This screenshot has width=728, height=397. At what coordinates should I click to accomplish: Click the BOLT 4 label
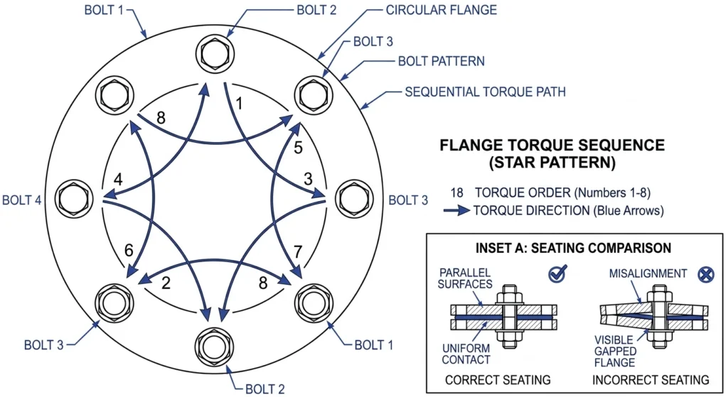(22, 200)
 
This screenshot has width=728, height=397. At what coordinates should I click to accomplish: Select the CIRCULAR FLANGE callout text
(441, 10)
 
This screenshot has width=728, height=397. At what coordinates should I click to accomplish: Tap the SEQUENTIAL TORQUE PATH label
(485, 92)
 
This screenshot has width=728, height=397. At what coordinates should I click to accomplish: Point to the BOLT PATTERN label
(441, 61)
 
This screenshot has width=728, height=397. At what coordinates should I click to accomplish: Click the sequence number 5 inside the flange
(298, 148)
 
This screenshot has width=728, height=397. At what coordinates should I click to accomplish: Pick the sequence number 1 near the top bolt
(239, 104)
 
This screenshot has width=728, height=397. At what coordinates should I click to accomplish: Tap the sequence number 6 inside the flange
(129, 251)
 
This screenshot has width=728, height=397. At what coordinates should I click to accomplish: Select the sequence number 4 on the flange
(118, 180)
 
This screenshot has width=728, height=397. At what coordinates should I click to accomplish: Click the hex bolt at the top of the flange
(215, 53)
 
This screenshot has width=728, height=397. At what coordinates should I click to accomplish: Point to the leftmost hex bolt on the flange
(74, 199)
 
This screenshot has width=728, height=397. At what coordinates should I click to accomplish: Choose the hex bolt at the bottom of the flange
(215, 347)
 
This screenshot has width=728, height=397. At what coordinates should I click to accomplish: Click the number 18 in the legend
(457, 192)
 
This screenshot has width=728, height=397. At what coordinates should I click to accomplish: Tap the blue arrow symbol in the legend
(456, 210)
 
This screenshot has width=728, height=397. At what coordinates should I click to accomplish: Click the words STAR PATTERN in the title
(552, 163)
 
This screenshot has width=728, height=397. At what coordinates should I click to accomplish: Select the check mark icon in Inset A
(557, 273)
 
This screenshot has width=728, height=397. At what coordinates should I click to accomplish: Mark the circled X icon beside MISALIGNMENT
(706, 275)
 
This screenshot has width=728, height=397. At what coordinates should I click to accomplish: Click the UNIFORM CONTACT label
(466, 354)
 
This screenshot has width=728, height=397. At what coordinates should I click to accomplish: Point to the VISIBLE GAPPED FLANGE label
(614, 351)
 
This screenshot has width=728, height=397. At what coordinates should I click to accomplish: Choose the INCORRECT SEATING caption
(651, 380)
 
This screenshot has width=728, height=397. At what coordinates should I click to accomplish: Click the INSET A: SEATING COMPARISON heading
(574, 248)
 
